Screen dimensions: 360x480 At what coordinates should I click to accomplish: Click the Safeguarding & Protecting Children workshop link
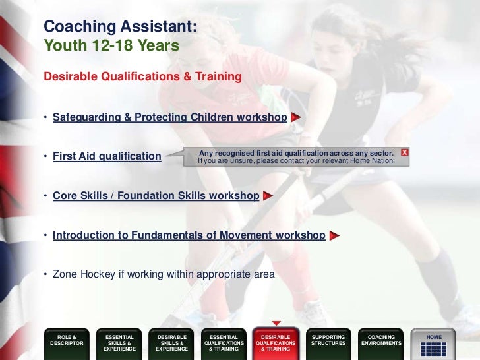pos(169,117)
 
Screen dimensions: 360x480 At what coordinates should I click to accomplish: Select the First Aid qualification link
pos(107,156)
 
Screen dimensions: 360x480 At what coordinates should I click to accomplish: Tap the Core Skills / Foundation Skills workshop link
pos(156,196)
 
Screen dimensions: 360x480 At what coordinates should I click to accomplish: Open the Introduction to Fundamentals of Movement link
pos(189,235)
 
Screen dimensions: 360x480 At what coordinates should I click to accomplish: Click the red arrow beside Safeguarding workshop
pos(296,117)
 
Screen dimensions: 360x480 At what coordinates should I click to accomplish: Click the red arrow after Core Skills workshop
pos(268,196)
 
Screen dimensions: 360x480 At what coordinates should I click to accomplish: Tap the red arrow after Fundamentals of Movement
pos(334,235)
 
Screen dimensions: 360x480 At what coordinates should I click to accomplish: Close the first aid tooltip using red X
pos(404,152)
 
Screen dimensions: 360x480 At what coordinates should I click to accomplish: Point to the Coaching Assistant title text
pos(120,27)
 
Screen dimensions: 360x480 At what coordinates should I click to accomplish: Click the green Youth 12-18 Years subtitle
pos(111,46)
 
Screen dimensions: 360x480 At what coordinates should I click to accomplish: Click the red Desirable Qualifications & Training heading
pos(142,76)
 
